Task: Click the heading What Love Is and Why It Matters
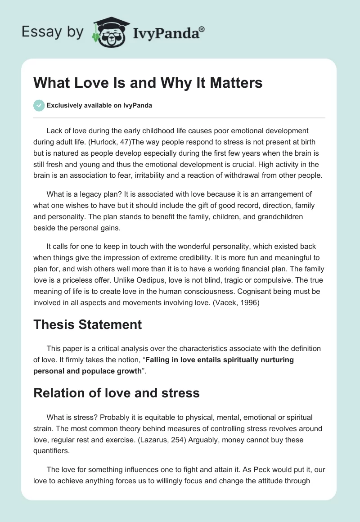[x=148, y=83]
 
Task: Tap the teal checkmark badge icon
[x=39, y=105]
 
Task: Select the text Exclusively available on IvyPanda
[x=99, y=105]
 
